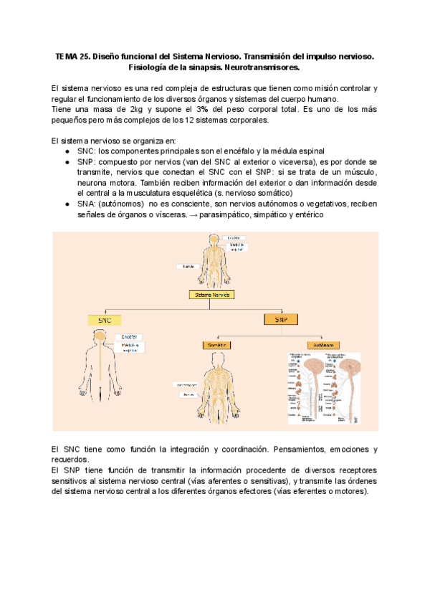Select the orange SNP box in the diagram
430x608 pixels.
281,318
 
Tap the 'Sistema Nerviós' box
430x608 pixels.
214,294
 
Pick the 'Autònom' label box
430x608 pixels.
324,345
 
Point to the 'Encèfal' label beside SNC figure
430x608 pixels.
133,336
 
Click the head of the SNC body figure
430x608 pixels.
105,338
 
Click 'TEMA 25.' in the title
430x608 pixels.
73,55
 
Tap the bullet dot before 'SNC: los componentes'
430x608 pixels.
67,151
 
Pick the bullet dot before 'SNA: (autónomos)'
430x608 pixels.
67,204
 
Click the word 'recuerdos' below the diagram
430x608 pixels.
70,460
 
